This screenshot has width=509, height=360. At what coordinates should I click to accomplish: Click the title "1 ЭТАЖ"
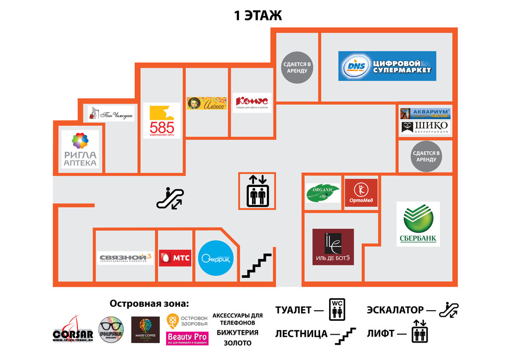pos(258,15)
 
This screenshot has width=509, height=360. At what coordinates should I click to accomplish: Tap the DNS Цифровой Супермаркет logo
pos(387,66)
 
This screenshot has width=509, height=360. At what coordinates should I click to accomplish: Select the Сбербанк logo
pos(418,224)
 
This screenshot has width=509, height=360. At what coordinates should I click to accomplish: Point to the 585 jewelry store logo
pos(162,121)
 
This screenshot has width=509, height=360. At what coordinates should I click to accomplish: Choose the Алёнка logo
pos(206,103)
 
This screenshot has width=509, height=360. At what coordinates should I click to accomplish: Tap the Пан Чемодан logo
pos(111,113)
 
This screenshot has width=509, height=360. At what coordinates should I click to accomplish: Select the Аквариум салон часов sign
pos(425,113)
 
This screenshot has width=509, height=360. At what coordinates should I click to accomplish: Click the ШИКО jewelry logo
pos(425,127)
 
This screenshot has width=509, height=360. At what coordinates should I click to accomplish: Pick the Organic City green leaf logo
pos(323,193)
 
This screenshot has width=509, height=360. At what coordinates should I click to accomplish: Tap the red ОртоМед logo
pos(361,193)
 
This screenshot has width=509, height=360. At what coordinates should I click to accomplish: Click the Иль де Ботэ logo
pos(333,247)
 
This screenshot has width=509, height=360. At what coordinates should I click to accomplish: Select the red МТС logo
pos(175,258)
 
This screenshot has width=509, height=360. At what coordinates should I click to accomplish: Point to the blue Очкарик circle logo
pos(216,258)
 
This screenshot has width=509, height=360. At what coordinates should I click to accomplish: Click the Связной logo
pos(125,258)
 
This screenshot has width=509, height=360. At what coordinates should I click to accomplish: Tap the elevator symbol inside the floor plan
pos(257,190)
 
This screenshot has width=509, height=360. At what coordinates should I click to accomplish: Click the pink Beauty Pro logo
pos(187,338)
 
